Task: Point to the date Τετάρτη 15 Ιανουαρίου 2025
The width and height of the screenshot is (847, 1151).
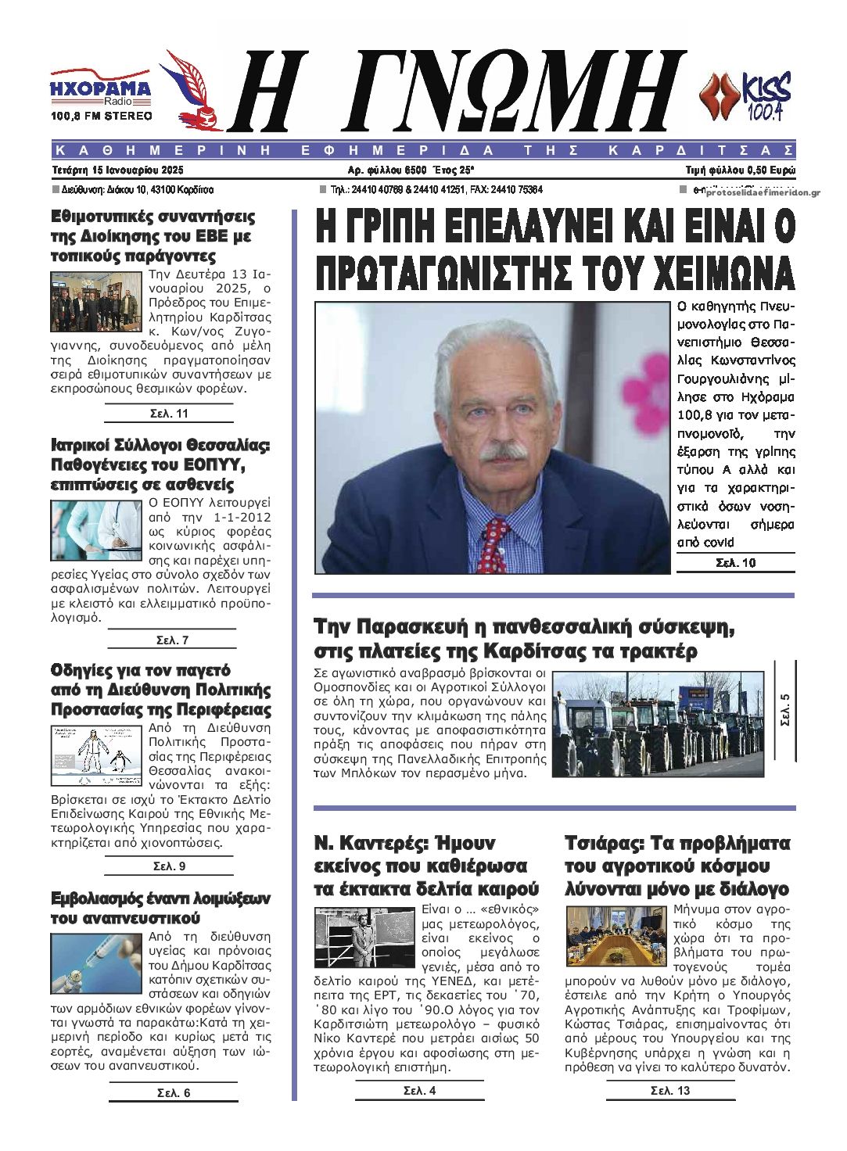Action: click(x=117, y=170)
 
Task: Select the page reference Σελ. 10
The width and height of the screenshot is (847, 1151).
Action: click(x=735, y=563)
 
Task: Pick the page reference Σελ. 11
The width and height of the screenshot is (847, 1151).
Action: click(x=169, y=414)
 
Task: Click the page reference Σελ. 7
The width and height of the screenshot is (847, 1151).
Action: click(x=172, y=640)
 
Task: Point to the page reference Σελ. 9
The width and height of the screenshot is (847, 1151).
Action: click(x=169, y=866)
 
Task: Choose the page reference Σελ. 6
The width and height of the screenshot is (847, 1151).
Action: click(x=173, y=1093)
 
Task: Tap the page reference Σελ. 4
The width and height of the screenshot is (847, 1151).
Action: click(x=419, y=1091)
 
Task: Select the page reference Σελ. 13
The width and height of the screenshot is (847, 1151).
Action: click(x=670, y=1091)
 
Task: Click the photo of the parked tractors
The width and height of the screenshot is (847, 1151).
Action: click(x=658, y=723)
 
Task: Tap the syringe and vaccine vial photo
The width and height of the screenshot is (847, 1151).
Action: click(x=96, y=963)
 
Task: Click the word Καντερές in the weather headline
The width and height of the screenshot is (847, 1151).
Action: click(x=378, y=843)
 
